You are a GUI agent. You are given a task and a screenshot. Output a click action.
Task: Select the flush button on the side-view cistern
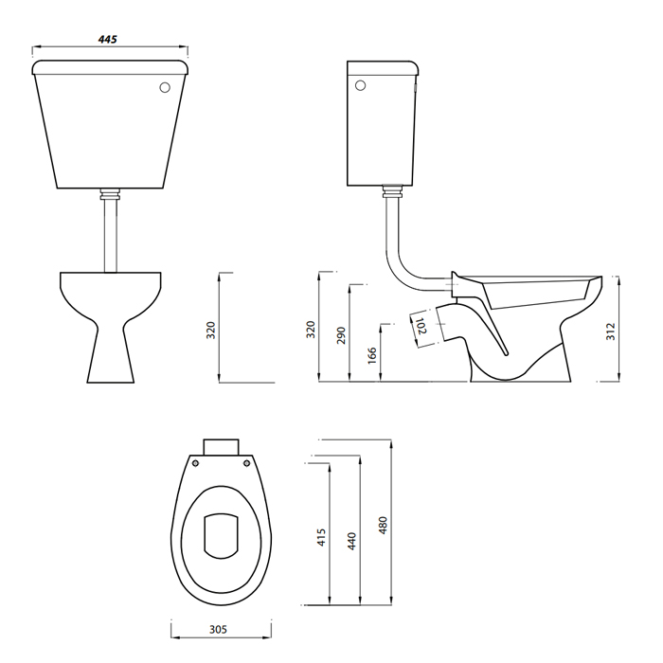pos(357,88)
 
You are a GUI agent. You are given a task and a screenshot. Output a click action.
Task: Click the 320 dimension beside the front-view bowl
pos(211,330)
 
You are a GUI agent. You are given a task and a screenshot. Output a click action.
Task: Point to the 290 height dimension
pos(342,336)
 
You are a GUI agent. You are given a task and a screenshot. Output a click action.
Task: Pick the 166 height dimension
pos(372,354)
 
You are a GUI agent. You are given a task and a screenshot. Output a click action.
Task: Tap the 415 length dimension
pos(322,537)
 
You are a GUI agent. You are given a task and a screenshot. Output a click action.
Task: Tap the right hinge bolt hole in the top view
pos(248,465)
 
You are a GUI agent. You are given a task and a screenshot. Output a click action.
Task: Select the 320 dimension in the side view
pos(311,330)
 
